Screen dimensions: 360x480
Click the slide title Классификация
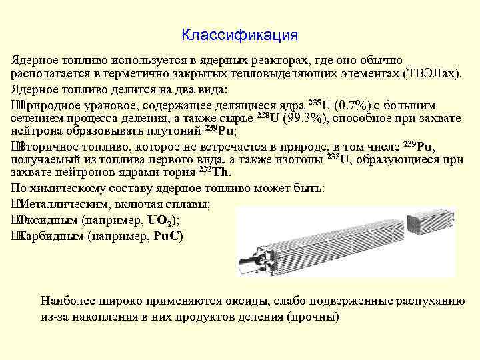[x=240, y=34]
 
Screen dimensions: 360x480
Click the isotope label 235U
[x=319, y=105]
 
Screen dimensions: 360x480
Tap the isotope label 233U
[x=338, y=159]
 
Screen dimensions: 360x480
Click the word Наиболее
[x=67, y=300]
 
